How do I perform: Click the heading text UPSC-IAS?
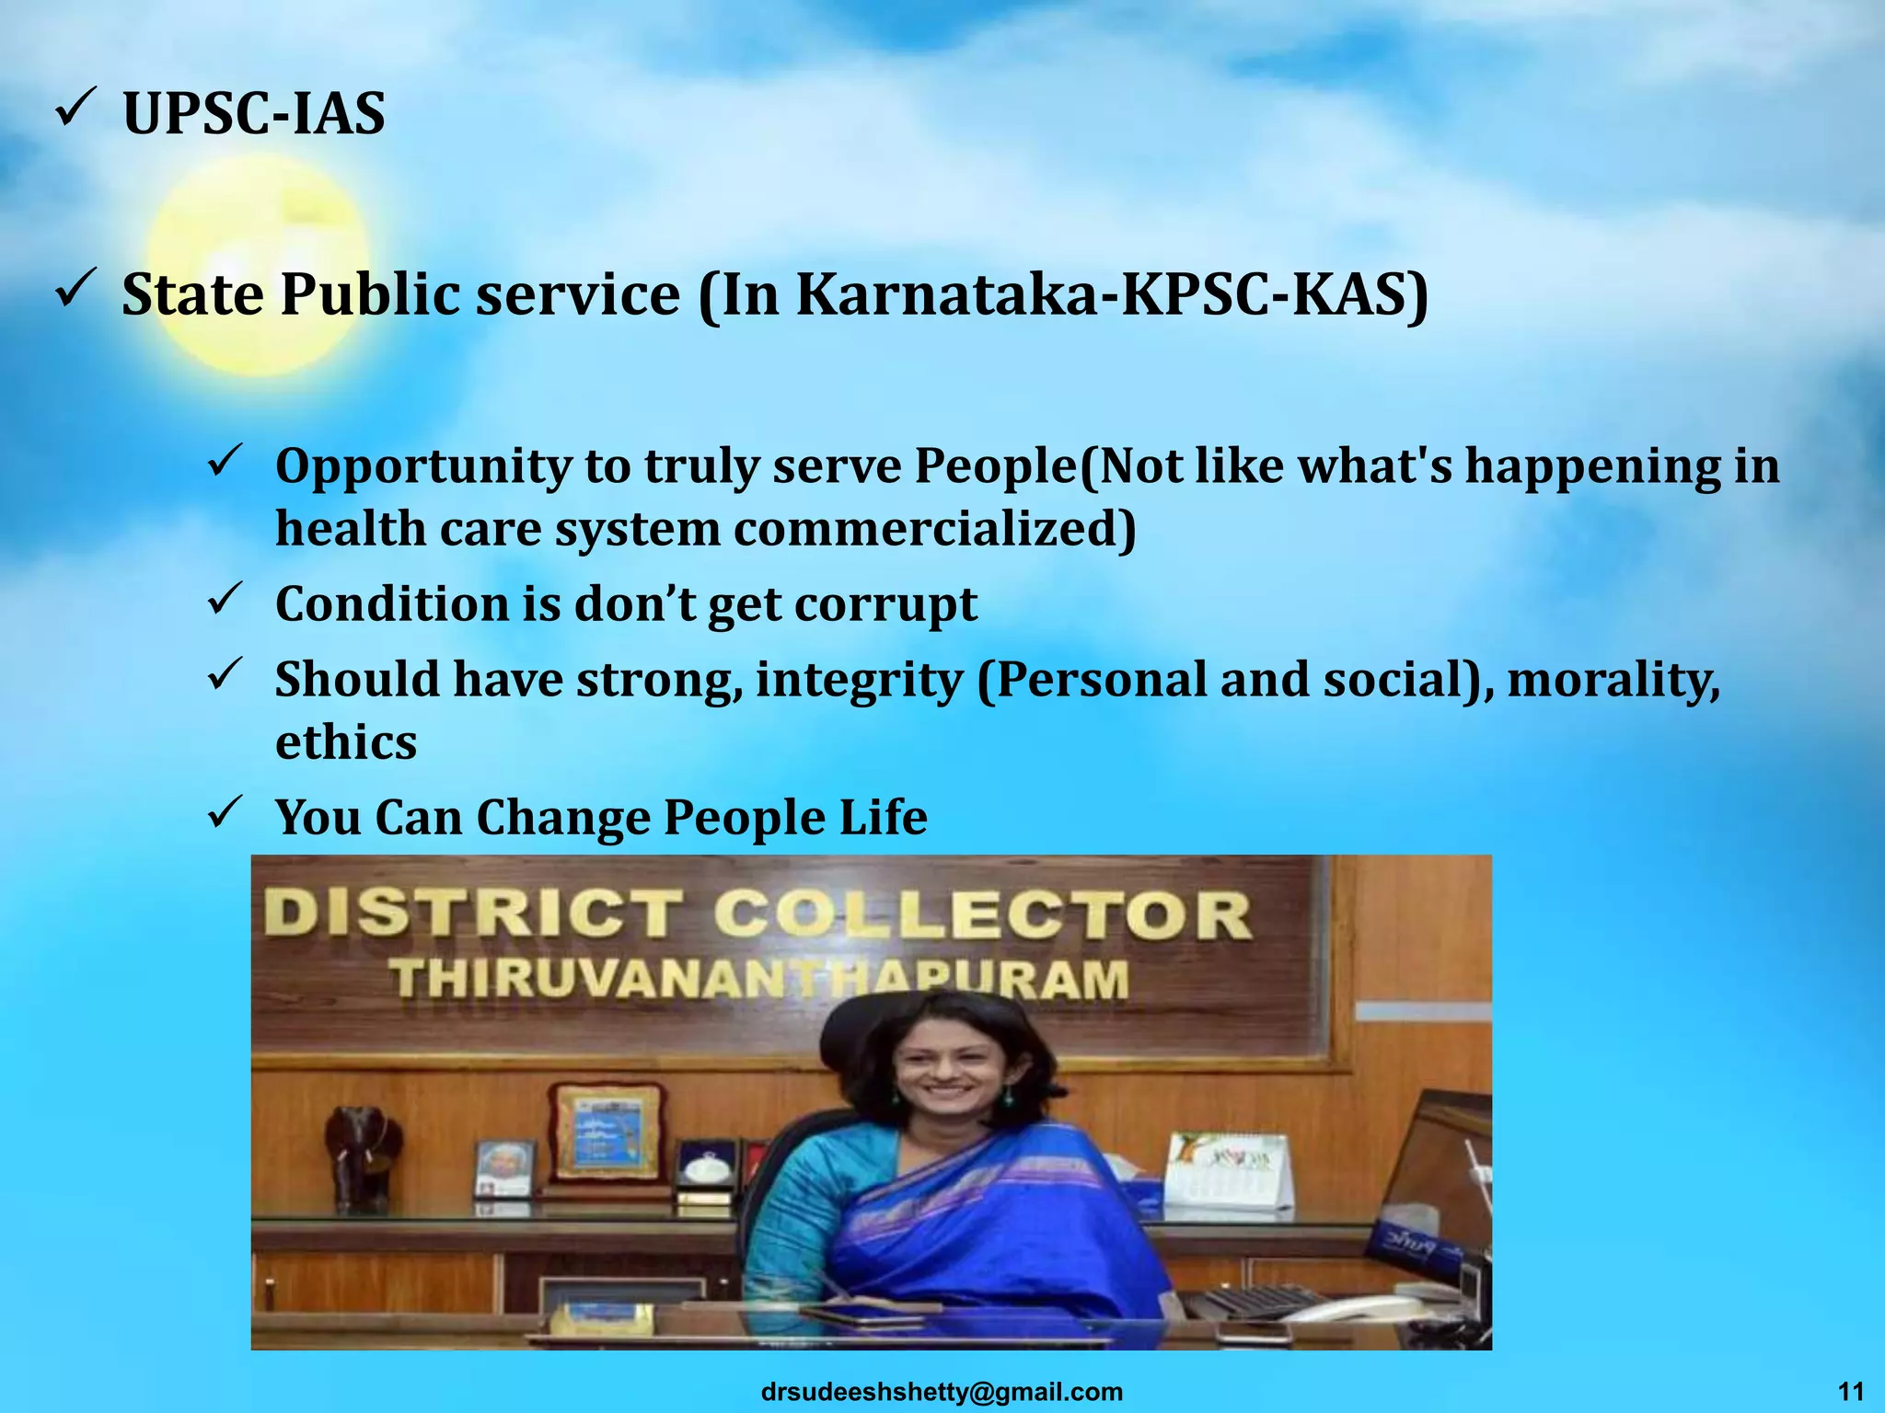(x=254, y=115)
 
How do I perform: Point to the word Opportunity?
(x=422, y=466)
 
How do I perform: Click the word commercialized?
(x=935, y=530)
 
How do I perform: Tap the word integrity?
(x=859, y=681)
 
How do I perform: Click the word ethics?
(x=346, y=742)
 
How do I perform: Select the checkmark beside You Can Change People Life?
(x=225, y=810)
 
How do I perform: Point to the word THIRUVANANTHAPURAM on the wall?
(x=758, y=979)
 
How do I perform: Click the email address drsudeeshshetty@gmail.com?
(x=942, y=1392)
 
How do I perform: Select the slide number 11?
(x=1850, y=1391)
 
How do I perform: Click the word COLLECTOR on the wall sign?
(x=982, y=916)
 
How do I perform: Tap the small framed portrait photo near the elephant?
(x=503, y=1169)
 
